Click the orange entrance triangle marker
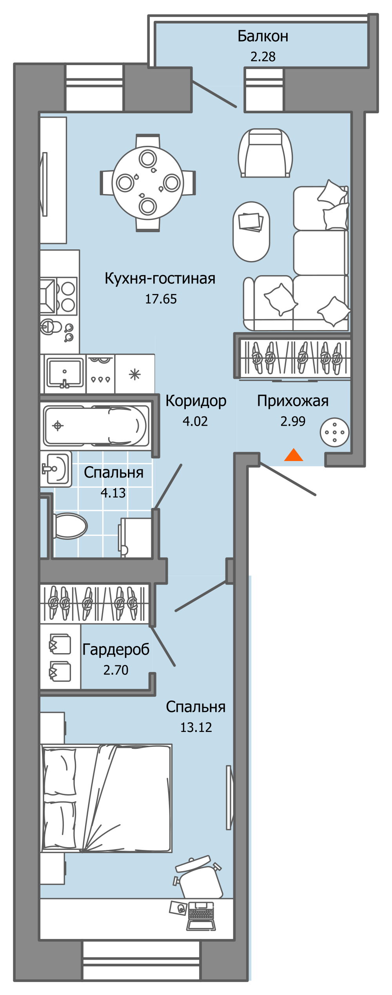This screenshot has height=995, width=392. (293, 455)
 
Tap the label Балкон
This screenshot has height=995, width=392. (263, 36)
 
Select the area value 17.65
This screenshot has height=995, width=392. (161, 299)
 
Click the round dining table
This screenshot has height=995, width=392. (147, 182)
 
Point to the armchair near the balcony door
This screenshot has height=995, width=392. (265, 153)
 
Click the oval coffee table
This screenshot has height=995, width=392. (251, 231)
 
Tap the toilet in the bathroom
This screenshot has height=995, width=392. (70, 525)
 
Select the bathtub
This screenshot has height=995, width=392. (96, 426)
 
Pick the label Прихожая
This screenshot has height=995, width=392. (292, 401)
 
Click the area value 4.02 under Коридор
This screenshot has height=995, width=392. (195, 421)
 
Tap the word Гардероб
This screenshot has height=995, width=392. (116, 649)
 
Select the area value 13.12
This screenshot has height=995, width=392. (196, 727)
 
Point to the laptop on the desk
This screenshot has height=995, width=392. (201, 915)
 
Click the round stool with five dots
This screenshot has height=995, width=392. (334, 432)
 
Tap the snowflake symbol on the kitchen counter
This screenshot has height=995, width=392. (134, 374)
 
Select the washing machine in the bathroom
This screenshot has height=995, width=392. (136, 537)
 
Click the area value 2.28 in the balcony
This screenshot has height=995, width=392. (263, 57)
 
